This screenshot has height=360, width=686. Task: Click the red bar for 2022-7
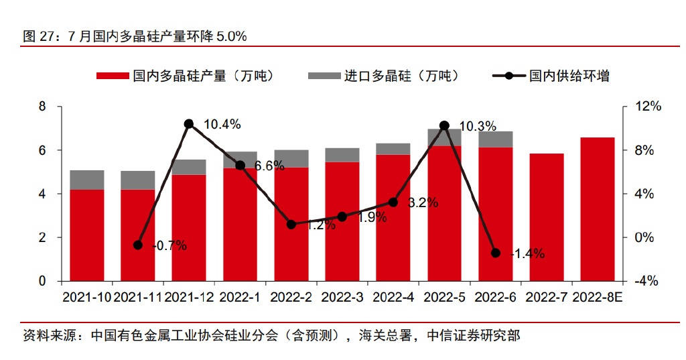point(547,217)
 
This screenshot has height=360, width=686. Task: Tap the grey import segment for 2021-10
point(87,180)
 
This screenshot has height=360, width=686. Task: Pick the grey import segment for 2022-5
point(444,137)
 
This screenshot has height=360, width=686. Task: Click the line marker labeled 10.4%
point(189,124)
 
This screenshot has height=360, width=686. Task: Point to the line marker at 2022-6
point(496,253)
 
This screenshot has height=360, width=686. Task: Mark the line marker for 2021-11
point(138,245)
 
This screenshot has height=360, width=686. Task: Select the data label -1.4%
point(527,254)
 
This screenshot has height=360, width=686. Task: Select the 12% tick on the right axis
point(648,107)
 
